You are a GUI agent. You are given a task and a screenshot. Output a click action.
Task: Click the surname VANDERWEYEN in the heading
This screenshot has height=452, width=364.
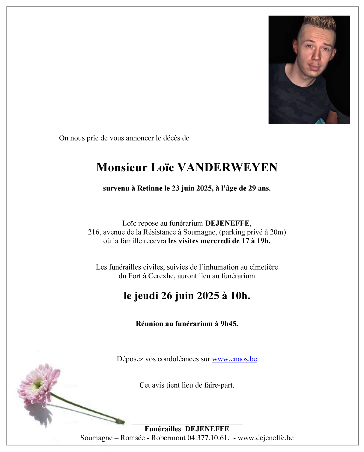[x=228, y=167]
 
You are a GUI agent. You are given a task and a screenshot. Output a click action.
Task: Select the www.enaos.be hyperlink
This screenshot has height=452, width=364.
[x=234, y=359]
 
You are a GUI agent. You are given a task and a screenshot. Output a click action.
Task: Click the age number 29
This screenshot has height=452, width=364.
[x=252, y=188]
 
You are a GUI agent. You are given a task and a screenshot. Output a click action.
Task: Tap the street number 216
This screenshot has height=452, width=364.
[x=94, y=232]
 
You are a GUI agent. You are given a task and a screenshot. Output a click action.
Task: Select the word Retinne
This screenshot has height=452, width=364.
[x=150, y=188]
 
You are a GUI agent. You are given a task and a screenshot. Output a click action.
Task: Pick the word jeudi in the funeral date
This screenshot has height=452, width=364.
[x=146, y=296]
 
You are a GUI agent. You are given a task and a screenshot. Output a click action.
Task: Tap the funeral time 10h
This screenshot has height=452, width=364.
[x=240, y=296]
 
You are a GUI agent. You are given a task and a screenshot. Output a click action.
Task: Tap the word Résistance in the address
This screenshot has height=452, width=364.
[x=159, y=232]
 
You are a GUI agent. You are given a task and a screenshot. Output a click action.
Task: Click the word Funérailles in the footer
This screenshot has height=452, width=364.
[x=163, y=429]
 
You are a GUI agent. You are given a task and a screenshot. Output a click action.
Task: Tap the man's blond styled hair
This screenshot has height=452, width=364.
[x=319, y=25]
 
